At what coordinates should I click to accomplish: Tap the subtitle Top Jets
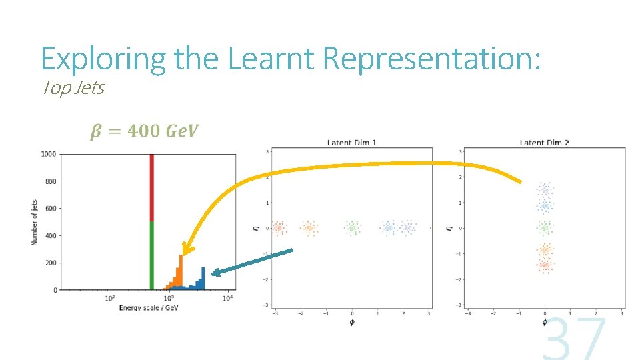[x=73, y=87]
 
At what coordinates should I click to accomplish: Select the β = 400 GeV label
[x=144, y=131]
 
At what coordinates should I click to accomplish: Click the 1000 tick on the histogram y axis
[x=47, y=154]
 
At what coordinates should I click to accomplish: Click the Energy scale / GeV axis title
[x=149, y=308]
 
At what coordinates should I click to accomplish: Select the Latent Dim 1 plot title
[x=351, y=143]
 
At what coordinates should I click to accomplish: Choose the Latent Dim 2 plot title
[x=544, y=143]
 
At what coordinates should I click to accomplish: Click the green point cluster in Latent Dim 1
[x=352, y=228]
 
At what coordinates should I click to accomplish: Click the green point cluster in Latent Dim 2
[x=545, y=228]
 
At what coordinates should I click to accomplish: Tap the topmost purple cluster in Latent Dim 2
[x=545, y=189]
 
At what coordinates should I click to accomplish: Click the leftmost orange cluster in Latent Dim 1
[x=278, y=228]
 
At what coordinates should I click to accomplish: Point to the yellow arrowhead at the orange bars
[x=186, y=250]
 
